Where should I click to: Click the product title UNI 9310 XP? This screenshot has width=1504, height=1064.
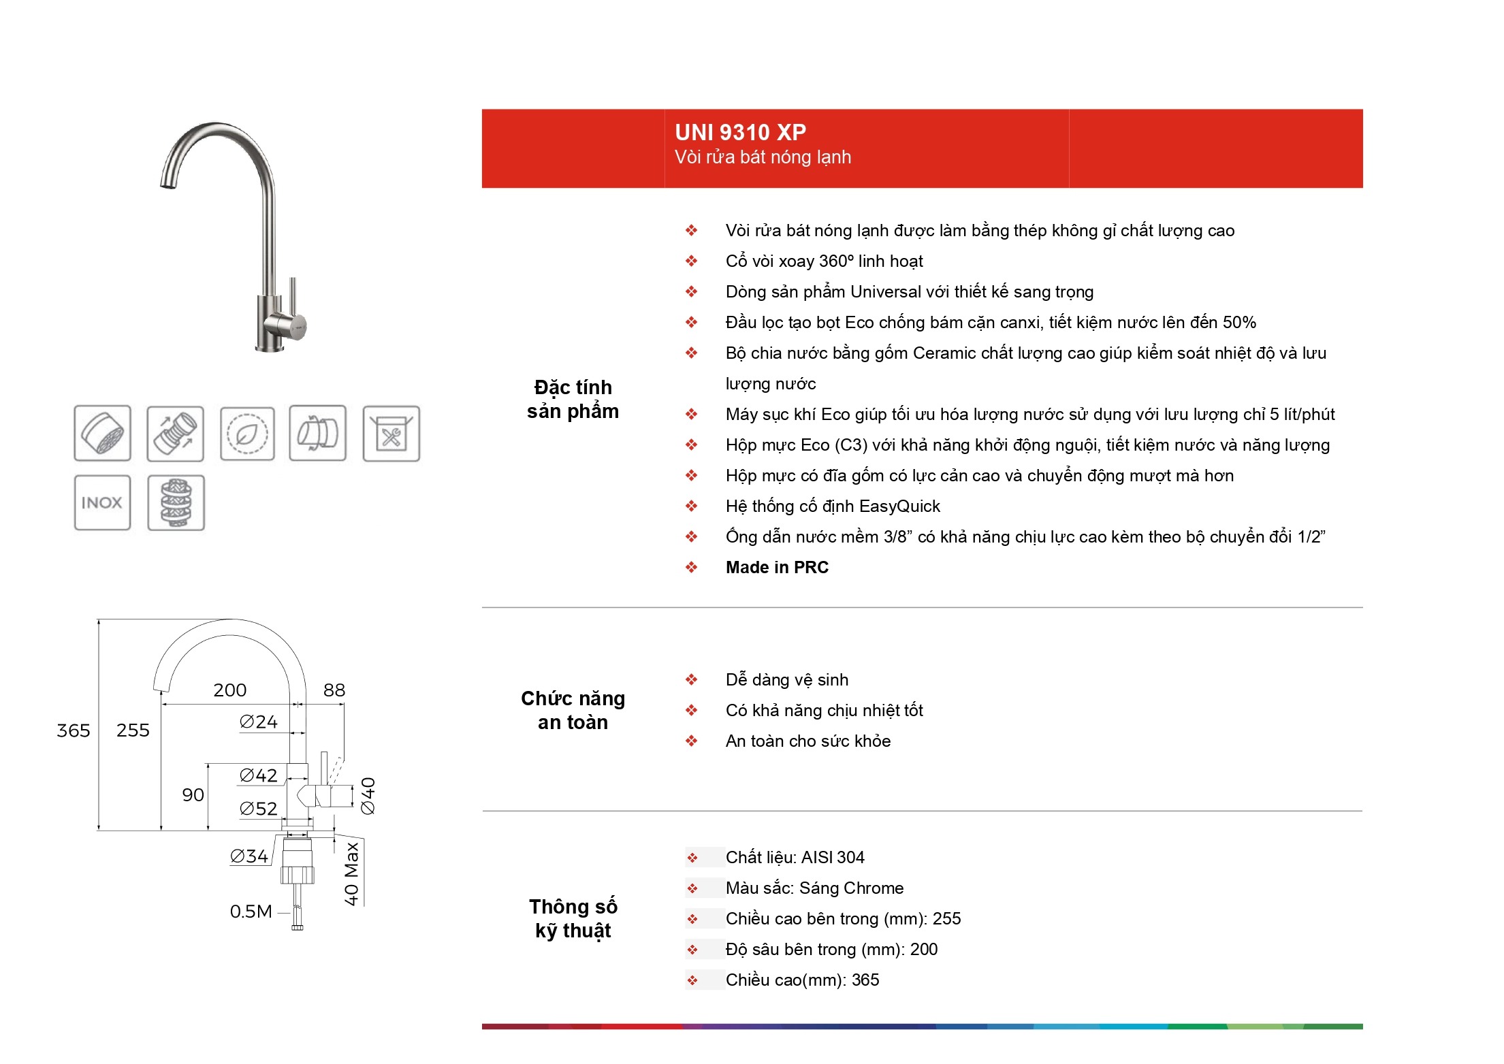[740, 132]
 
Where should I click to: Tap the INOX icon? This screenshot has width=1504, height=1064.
[102, 502]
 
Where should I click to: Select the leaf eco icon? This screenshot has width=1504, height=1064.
[247, 434]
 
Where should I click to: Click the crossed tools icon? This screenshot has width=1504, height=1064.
[391, 434]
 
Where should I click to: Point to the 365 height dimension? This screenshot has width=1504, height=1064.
[74, 730]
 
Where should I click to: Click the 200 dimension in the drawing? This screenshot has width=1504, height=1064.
[230, 690]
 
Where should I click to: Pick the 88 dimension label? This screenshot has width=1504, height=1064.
[334, 690]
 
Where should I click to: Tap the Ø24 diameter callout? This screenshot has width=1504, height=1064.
[259, 722]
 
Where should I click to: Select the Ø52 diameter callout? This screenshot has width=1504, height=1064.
[259, 809]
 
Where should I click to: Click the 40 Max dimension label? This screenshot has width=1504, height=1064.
[351, 874]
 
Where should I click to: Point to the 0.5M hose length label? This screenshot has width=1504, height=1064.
[251, 912]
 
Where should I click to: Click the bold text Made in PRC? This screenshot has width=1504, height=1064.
[777, 568]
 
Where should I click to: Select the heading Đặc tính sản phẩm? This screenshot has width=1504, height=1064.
[573, 400]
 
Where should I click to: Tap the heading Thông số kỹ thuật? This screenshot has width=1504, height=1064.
[573, 919]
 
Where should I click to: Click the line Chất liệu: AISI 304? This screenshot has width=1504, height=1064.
[795, 858]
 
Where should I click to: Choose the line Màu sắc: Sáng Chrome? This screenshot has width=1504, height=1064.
[815, 888]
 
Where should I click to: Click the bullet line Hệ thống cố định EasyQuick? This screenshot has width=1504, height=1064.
[833, 506]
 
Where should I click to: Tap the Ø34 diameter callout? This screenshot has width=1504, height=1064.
[249, 856]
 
